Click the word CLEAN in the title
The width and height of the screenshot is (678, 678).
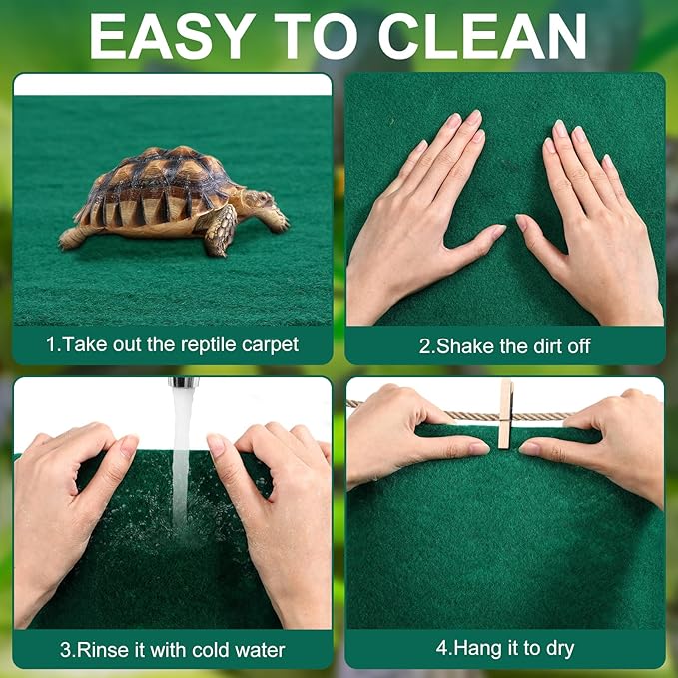point(482,36)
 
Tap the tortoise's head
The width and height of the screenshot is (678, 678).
point(260,201)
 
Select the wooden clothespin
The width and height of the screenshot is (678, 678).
point(506,413)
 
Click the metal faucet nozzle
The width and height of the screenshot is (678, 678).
point(181,382)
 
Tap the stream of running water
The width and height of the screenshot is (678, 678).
point(181,459)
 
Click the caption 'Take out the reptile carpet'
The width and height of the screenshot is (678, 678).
point(172,345)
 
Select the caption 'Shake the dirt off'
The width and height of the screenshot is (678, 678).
point(504,345)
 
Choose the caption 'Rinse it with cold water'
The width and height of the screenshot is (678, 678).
point(172,650)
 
